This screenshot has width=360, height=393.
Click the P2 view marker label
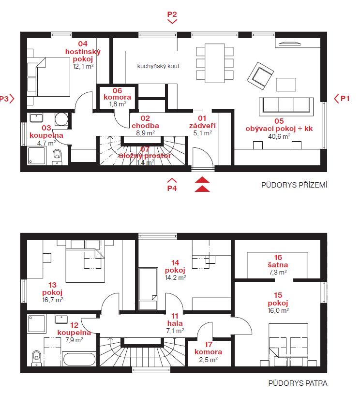coord(172,15)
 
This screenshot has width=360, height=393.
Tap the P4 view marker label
coord(172,188)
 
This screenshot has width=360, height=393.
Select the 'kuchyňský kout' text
coord(158,66)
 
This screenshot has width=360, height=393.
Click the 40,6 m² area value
coord(279,136)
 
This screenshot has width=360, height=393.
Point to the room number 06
coord(118,90)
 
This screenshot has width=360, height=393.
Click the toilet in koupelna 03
coord(57,157)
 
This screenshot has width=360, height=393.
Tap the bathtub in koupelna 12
coord(79,359)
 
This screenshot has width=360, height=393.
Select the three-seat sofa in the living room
coord(286,106)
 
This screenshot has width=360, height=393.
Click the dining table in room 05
coord(215,63)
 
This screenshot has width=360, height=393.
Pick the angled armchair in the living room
coord(260,76)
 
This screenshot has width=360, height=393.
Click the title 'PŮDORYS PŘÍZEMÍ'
coord(294,185)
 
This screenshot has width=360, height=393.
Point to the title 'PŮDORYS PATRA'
coord(298,383)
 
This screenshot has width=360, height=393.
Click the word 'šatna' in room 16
coord(278,265)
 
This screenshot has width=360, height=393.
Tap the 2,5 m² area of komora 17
coord(208,360)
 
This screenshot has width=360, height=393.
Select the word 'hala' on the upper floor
coord(175,323)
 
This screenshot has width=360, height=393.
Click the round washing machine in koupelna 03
coord(61,119)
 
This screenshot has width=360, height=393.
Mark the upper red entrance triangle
coord(202,180)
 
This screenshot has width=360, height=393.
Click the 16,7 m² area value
coord(53,300)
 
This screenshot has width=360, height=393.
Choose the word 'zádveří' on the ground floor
coord(202,126)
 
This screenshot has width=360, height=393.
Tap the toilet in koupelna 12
coord(36,358)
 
